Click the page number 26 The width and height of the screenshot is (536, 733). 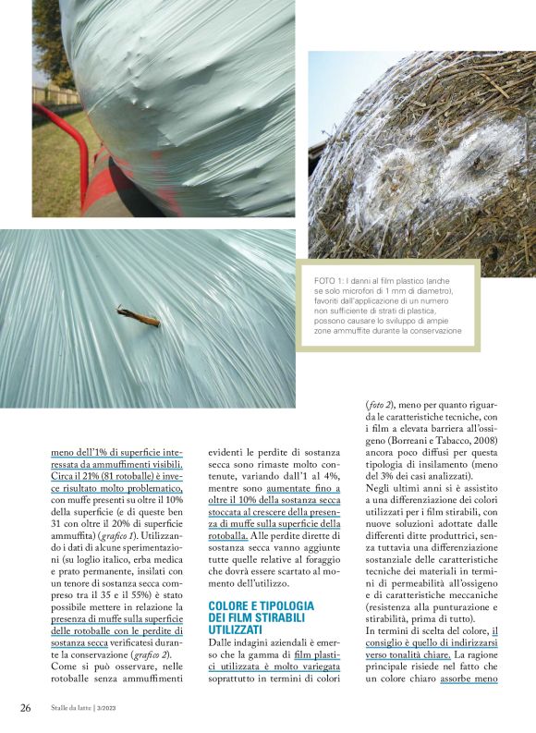25,708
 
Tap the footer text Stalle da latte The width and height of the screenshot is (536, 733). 66,709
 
